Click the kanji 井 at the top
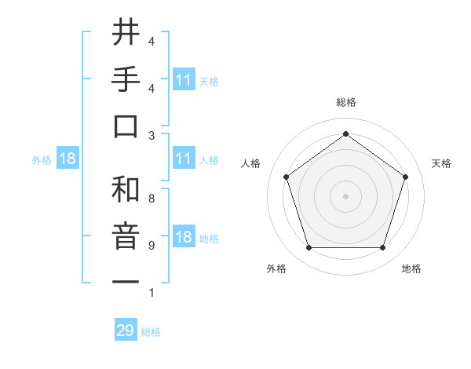click(x=126, y=34)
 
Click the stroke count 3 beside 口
click(x=152, y=135)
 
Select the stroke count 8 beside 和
click(x=152, y=198)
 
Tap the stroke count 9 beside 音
click(x=152, y=245)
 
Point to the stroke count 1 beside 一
click(x=152, y=293)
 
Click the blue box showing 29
click(x=126, y=331)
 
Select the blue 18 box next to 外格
click(x=67, y=159)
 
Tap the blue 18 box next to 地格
click(x=183, y=238)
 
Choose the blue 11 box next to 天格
click(x=183, y=80)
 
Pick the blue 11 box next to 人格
click(x=183, y=159)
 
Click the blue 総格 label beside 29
click(x=151, y=332)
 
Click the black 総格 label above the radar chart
click(x=345, y=102)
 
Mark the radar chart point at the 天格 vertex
click(x=405, y=177)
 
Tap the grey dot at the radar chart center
click(x=345, y=195)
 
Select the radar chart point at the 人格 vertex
click(x=286, y=177)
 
